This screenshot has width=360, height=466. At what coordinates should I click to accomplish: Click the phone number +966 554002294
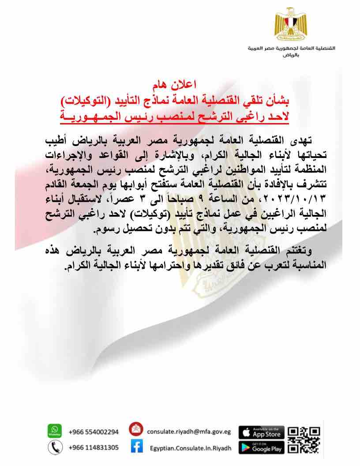94,432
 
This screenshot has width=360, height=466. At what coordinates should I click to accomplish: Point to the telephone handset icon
54,447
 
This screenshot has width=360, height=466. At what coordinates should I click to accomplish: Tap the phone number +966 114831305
94,447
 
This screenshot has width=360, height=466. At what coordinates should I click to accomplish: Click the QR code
304,440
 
